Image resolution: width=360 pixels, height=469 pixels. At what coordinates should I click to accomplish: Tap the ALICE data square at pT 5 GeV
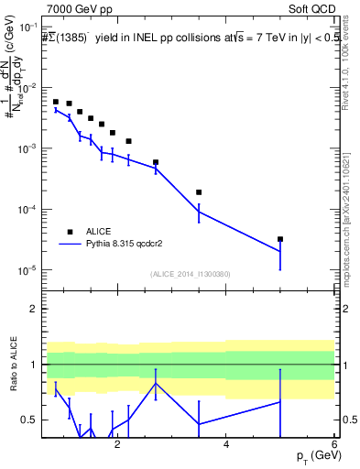pos(280,239)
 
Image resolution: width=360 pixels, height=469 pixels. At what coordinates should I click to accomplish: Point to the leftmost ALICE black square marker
pos(56,102)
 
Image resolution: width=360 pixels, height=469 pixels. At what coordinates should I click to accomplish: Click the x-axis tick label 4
pos(225,444)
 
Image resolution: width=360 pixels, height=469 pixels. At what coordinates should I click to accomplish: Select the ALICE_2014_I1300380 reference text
pos(190,273)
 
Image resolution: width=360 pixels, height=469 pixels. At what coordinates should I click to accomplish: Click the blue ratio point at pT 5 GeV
pos(280,401)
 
